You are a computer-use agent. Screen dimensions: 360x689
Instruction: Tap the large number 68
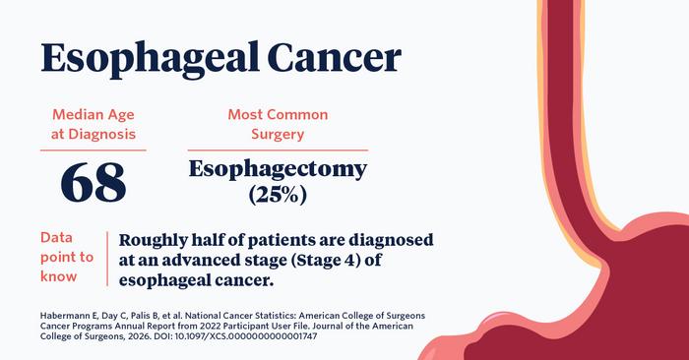point(94,183)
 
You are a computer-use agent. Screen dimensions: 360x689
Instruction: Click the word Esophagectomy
point(278,168)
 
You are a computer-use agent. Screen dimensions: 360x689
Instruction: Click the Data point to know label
point(67,257)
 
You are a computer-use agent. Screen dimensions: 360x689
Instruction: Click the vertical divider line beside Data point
point(106,258)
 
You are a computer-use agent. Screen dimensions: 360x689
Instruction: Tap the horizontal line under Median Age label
point(94,150)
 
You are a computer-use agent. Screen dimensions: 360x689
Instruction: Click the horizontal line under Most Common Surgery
point(278,150)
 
